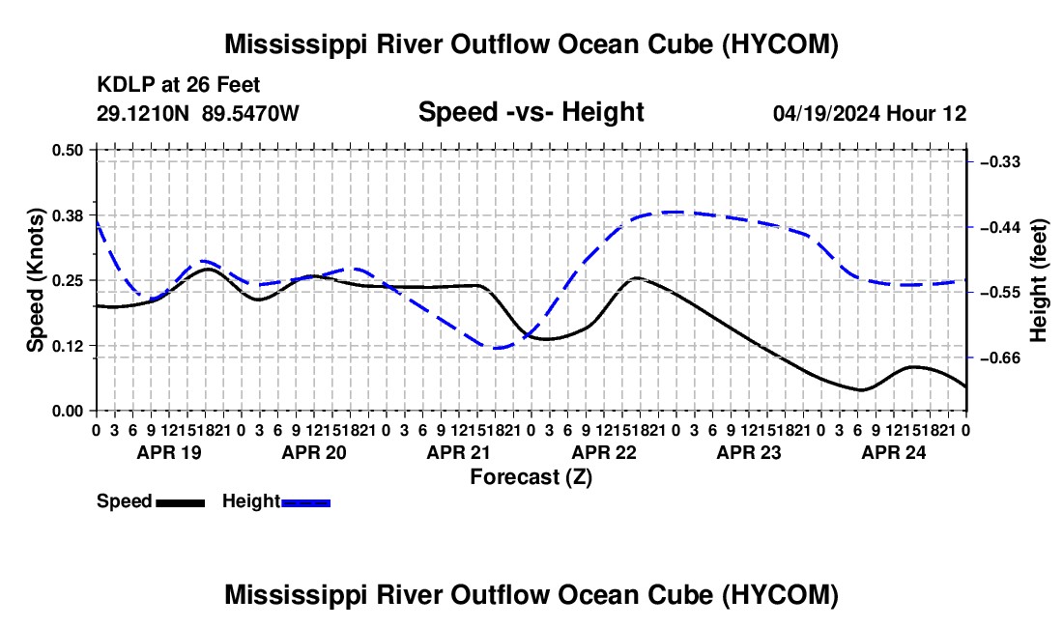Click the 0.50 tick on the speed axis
[67, 150]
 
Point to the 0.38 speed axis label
[67, 215]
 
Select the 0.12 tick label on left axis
[67, 346]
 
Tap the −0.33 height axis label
[1000, 162]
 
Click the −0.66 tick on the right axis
[1000, 357]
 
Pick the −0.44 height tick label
[1000, 227]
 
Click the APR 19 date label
[169, 452]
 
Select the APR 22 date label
[604, 452]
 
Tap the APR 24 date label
[894, 452]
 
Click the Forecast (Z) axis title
[531, 477]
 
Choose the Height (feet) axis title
[1039, 280]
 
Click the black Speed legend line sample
[181, 503]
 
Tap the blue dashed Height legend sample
[305, 503]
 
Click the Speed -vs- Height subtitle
[531, 112]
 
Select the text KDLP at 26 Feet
[179, 85]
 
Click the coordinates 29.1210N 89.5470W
[198, 113]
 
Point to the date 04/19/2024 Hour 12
[870, 113]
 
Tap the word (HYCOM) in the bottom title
[780, 595]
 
